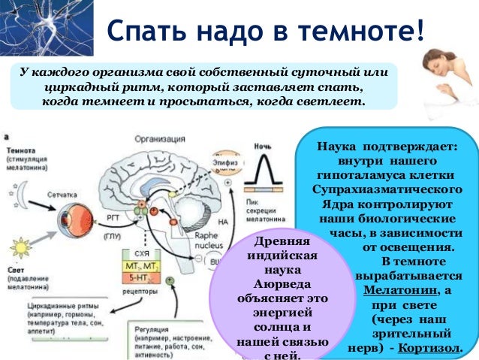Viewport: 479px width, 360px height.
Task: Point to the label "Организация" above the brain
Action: point(160,138)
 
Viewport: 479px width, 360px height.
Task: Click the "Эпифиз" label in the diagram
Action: point(222,158)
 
